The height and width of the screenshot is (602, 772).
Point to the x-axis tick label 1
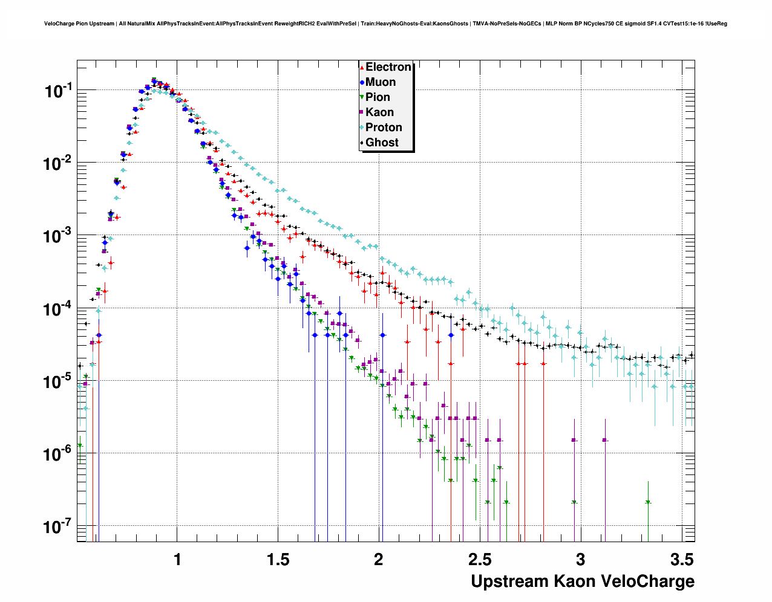pyautogui.click(x=177, y=560)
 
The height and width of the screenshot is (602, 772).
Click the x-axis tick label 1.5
pyautogui.click(x=278, y=560)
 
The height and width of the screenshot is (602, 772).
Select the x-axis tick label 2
pyautogui.click(x=379, y=560)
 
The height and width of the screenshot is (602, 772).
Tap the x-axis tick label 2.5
pyautogui.click(x=479, y=560)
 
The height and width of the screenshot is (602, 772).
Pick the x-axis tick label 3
pyautogui.click(x=580, y=560)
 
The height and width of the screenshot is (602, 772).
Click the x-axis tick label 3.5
pyautogui.click(x=681, y=560)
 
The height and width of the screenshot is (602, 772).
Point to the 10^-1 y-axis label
pyautogui.click(x=58, y=91)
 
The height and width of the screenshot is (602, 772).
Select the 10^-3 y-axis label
pyautogui.click(x=58, y=236)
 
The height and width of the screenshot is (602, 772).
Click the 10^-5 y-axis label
pyautogui.click(x=58, y=381)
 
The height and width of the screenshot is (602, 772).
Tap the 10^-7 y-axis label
pyautogui.click(x=58, y=526)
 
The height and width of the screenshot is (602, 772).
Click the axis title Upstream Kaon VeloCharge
pyautogui.click(x=582, y=581)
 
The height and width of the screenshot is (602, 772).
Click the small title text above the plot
pyautogui.click(x=385, y=24)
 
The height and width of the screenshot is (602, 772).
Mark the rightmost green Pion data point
pyautogui.click(x=648, y=502)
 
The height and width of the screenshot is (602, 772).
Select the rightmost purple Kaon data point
pyautogui.click(x=604, y=440)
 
